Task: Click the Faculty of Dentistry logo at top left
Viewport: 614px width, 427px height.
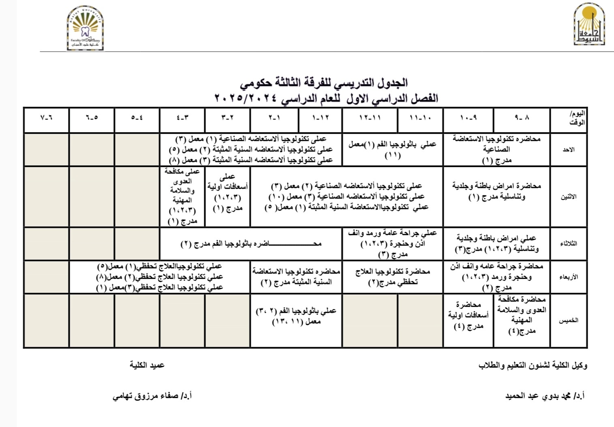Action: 85,28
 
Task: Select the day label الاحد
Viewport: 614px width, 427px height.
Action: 568,150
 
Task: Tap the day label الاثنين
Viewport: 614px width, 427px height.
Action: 568,197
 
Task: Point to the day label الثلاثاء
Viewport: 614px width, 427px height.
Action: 568,244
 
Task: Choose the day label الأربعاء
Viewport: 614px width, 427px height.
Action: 568,277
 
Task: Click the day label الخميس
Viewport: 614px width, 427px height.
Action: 568,320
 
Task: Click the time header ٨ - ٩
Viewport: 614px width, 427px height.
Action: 522,118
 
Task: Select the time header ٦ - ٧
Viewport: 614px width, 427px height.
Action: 47,118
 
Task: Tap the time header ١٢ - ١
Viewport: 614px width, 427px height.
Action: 321,118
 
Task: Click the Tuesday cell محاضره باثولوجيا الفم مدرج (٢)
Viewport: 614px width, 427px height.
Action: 251,244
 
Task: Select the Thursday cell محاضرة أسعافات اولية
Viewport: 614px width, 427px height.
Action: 469,315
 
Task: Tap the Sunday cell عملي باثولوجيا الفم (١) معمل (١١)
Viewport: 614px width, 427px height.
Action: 392,149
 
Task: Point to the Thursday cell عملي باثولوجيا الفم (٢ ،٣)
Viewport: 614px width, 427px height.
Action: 296,316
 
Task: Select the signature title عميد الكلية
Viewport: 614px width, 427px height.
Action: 147,365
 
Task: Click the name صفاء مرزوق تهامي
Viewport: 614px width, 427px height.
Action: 152,396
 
